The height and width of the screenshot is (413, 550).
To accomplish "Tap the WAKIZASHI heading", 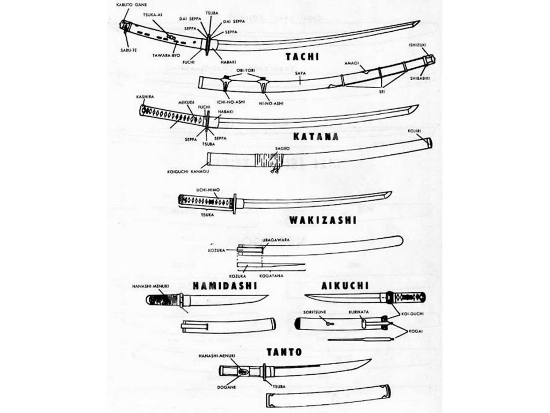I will (x=315, y=220).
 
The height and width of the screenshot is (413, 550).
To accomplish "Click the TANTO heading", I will (x=284, y=352).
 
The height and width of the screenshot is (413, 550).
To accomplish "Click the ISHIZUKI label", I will (x=418, y=45).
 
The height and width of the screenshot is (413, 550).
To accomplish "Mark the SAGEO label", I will (x=283, y=147).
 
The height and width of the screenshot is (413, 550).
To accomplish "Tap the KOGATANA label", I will (x=269, y=276).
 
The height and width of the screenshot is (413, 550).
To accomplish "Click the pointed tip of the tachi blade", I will (x=418, y=22).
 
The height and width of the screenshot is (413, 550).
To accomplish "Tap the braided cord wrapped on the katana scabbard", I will (x=267, y=159).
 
